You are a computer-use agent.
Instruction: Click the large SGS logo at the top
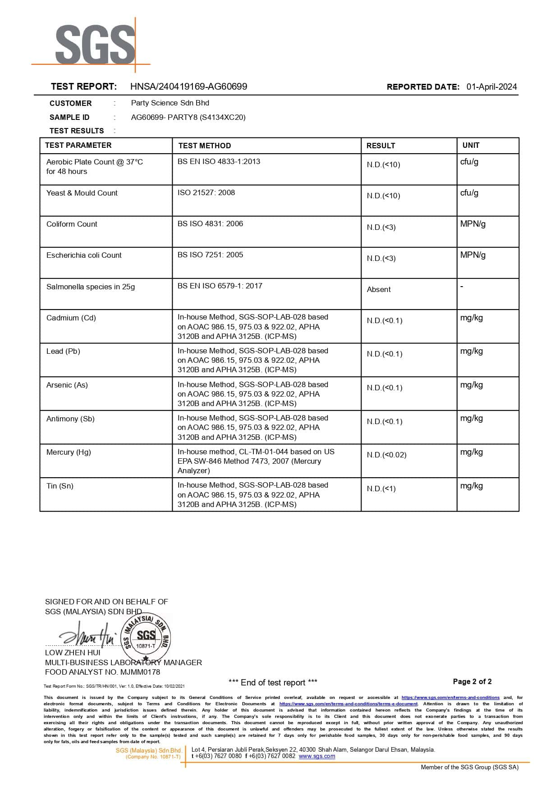click(x=95, y=45)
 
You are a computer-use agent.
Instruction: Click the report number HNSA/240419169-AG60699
click(x=188, y=87)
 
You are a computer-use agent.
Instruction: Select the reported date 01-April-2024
click(x=491, y=87)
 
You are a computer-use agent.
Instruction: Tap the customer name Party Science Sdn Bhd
click(x=170, y=103)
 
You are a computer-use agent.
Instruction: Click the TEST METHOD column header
click(x=204, y=146)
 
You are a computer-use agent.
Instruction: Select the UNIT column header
click(x=471, y=145)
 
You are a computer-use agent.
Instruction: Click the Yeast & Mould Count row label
click(x=82, y=193)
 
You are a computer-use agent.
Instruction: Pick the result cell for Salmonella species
click(x=379, y=289)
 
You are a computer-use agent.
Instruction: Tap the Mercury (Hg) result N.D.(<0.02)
click(x=386, y=455)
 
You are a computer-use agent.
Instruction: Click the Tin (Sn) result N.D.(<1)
click(x=381, y=489)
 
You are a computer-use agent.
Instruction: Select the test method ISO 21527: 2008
click(x=206, y=192)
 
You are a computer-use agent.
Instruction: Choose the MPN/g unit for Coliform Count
click(x=472, y=224)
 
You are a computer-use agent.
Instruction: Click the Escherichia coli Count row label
click(x=84, y=255)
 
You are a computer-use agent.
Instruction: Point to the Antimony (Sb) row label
click(x=70, y=419)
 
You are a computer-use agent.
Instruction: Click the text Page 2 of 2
click(x=472, y=681)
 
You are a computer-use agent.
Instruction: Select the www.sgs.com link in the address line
click(x=316, y=756)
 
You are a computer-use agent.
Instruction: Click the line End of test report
click(x=273, y=682)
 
